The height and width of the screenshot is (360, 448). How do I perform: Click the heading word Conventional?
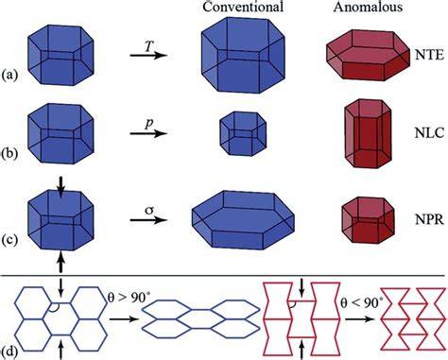tap(243, 7)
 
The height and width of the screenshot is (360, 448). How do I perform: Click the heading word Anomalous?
tap(368, 7)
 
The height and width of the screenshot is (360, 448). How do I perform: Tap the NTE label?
tap(429, 55)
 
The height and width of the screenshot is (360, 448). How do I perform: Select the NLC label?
tap(429, 133)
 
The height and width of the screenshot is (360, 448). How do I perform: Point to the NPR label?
tap(429, 219)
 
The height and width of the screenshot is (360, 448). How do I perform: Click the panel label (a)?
tap(9, 76)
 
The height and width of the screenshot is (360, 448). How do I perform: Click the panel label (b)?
tap(9, 154)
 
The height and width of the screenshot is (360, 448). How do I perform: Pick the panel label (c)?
tap(9, 240)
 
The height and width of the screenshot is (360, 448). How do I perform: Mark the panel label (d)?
tap(9, 351)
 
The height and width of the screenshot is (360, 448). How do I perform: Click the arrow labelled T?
tap(148, 56)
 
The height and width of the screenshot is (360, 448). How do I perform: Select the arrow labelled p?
tap(148, 133)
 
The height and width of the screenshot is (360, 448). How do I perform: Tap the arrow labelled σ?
tap(148, 220)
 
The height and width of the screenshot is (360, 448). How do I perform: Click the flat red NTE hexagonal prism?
tap(368, 56)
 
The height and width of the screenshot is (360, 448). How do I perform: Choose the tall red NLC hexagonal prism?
tap(368, 133)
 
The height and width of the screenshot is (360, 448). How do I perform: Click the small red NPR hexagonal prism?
tap(368, 220)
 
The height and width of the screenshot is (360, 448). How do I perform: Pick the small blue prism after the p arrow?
tap(243, 133)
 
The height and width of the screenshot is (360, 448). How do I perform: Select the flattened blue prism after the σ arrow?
tap(243, 220)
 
